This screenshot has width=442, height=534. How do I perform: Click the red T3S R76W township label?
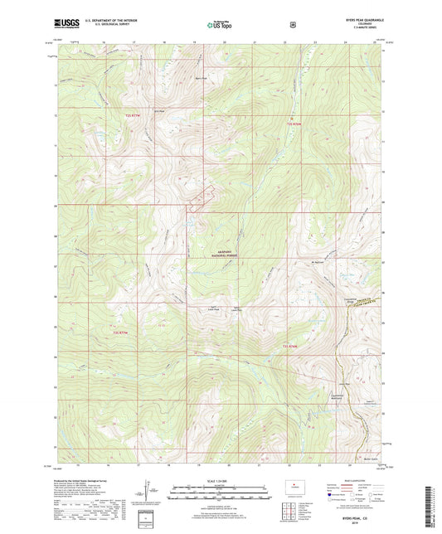tap(289, 344)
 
